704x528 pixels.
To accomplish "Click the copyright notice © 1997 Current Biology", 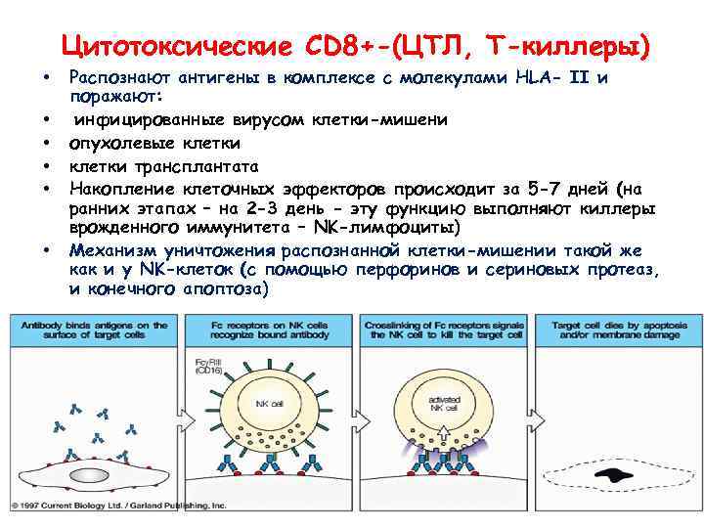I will [117, 506].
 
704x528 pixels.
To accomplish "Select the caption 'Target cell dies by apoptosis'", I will [612, 326].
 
